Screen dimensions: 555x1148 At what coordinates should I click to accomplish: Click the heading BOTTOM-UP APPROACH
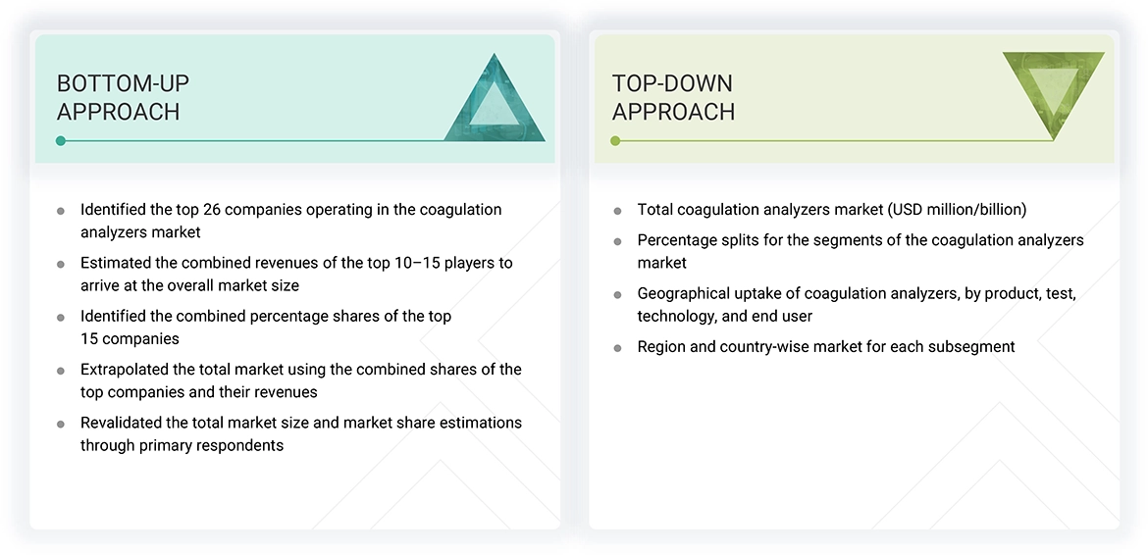(123, 97)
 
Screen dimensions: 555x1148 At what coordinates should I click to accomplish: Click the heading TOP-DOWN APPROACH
(673, 97)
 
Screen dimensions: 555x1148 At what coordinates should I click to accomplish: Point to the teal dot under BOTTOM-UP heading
(61, 141)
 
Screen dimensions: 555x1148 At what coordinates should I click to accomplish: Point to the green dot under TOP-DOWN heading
(615, 141)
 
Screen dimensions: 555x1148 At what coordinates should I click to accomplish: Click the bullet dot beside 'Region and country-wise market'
(617, 347)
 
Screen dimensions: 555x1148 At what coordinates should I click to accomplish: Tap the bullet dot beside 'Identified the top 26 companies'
(61, 211)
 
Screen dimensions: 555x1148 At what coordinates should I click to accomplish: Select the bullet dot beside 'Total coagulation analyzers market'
(617, 211)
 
